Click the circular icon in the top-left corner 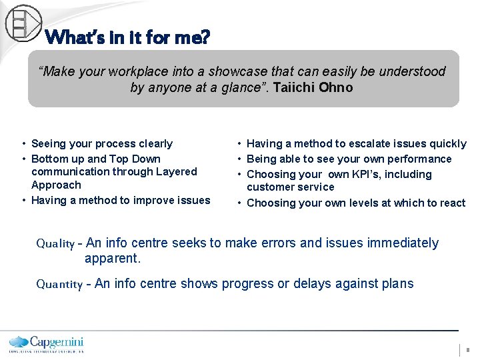point(23,22)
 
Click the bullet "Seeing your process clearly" point(101,144)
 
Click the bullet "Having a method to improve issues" point(120,201)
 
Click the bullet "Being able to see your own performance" point(349,159)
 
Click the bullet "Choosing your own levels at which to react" point(355,203)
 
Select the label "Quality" point(55,244)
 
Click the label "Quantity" point(59,285)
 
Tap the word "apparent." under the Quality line point(112,258)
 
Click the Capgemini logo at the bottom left point(46,343)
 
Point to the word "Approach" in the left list point(56,185)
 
